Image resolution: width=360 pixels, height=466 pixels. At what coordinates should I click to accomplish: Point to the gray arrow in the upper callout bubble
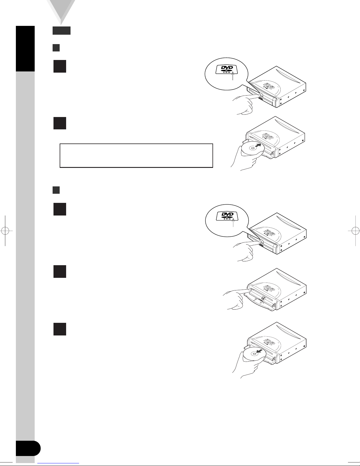click(233, 76)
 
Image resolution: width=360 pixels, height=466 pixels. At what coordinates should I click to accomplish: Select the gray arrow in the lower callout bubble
click(233, 222)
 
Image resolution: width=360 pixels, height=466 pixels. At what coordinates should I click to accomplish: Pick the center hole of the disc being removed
click(254, 354)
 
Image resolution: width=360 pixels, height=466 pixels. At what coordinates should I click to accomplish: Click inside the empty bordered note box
click(136, 156)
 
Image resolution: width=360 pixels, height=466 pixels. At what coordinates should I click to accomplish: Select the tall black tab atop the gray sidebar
click(25, 49)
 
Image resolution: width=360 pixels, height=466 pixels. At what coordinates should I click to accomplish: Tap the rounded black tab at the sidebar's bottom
click(28, 448)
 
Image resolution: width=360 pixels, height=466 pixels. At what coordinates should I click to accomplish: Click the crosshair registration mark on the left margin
click(5, 231)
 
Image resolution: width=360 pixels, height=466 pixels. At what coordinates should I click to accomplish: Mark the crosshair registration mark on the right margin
click(355, 231)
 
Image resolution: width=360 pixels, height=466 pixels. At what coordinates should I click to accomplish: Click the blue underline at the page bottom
click(58, 463)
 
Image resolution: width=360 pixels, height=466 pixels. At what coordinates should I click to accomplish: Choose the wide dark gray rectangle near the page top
click(61, 31)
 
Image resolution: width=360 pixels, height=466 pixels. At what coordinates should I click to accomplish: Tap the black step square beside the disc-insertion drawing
click(60, 123)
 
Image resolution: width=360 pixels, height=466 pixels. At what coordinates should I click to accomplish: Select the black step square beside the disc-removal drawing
click(60, 329)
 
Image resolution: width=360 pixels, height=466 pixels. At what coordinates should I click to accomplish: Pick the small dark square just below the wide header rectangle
click(56, 48)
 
